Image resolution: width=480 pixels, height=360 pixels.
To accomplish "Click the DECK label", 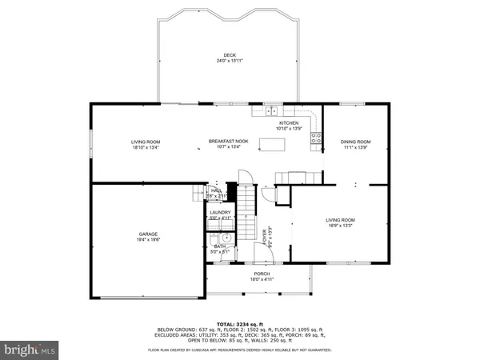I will (x=229, y=55).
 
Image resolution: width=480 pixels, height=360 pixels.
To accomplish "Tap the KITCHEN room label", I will (x=288, y=122).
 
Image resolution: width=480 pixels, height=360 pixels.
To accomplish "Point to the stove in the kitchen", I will (x=318, y=137).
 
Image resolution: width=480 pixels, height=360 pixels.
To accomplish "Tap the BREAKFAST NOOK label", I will (x=229, y=141).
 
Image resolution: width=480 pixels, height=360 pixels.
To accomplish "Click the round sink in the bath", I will (x=226, y=238).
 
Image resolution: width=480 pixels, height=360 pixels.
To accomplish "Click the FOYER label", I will (x=265, y=237).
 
